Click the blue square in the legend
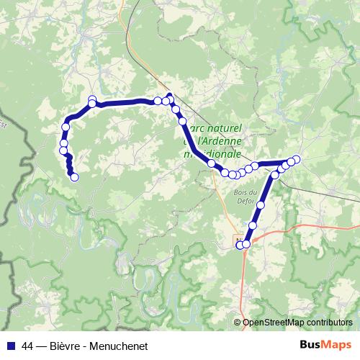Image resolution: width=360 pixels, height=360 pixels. (x=11, y=346)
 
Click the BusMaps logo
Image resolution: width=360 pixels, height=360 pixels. (x=326, y=345)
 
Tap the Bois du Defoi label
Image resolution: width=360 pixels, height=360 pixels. (x=245, y=196)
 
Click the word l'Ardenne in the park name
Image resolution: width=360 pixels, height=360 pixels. (x=220, y=141)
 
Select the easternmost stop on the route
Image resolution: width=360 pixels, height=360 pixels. (x=296, y=159)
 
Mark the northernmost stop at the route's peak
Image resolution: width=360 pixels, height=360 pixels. (x=170, y=96)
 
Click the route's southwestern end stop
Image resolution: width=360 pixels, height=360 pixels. (x=73, y=177)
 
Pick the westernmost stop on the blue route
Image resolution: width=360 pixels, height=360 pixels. (x=63, y=150)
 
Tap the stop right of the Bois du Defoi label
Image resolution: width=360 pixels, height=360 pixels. (x=261, y=205)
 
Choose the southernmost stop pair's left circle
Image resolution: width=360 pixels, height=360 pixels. (x=240, y=245)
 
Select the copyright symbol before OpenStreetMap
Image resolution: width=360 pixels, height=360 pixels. (x=238, y=323)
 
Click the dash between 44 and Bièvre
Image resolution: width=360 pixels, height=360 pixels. (x=42, y=346)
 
